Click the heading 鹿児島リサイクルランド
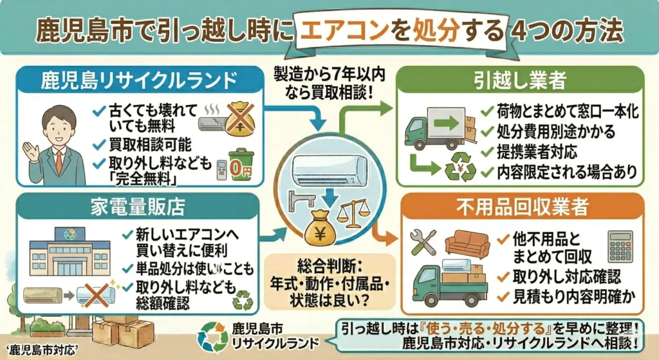pos(135,81)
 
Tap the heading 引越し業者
pos(521,81)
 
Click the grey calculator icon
pos(620,245)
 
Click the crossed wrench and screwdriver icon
pos(423,242)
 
